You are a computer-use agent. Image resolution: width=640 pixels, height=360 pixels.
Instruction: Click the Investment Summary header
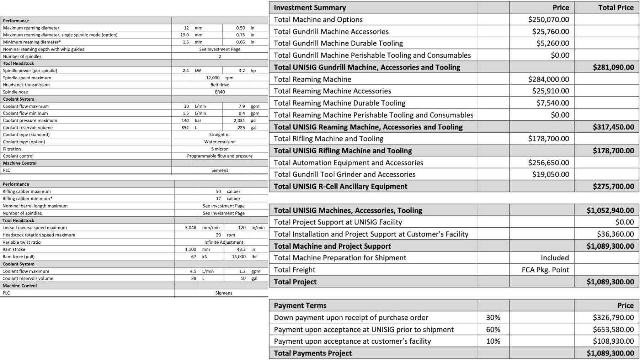[x=310, y=7]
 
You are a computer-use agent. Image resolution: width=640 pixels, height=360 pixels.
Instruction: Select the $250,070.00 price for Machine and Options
[x=548, y=20]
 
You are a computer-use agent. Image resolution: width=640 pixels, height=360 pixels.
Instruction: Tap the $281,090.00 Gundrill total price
[x=613, y=67]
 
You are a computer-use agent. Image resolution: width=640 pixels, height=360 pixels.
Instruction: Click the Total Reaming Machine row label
[x=313, y=79]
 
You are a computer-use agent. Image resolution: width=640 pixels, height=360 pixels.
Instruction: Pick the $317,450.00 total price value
[x=613, y=127]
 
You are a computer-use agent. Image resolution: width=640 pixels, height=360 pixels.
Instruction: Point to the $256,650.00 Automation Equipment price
[x=548, y=163]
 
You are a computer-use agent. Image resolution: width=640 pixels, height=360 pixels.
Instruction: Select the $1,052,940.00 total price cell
[x=610, y=210]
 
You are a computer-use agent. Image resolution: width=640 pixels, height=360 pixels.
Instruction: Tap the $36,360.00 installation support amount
[x=615, y=234]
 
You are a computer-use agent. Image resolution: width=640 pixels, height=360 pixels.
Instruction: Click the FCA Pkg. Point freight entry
[x=545, y=270]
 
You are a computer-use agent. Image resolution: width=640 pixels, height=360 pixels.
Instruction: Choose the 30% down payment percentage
[x=493, y=317]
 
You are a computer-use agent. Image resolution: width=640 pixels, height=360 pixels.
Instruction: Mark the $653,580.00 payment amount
[x=613, y=329]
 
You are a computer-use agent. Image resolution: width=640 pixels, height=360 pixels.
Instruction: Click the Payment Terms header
[x=300, y=306]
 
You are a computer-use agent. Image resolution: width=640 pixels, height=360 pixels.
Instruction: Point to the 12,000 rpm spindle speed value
[x=220, y=78]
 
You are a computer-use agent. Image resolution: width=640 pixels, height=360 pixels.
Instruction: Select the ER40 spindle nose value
[x=220, y=92]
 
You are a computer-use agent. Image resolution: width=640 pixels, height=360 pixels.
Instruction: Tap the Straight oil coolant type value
[x=220, y=134]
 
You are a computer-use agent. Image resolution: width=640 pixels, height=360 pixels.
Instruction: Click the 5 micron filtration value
[x=220, y=149]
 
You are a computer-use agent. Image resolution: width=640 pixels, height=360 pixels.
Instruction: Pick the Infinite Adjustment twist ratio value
[x=224, y=242]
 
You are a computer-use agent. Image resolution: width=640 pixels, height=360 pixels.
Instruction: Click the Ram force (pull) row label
[x=18, y=256]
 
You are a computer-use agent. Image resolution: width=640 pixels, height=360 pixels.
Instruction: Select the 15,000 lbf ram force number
[x=239, y=256]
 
